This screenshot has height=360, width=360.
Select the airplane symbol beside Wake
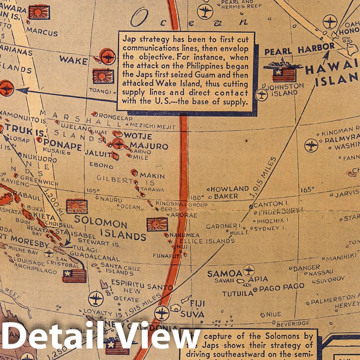tap(107, 57)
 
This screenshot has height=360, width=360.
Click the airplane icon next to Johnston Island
tap(262, 94)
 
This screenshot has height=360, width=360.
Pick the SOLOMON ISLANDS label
tap(110, 228)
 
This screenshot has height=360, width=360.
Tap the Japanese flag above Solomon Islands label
tap(77, 206)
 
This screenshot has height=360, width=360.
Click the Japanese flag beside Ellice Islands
tap(157, 224)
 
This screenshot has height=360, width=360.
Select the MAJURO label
tap(149, 146)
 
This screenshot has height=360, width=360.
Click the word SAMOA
tap(225, 273)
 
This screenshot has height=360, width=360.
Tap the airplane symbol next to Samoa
tap(249, 270)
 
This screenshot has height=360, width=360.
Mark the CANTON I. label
tap(270, 204)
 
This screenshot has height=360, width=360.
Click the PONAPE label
tap(59, 147)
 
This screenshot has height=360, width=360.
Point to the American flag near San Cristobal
tap(74, 275)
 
